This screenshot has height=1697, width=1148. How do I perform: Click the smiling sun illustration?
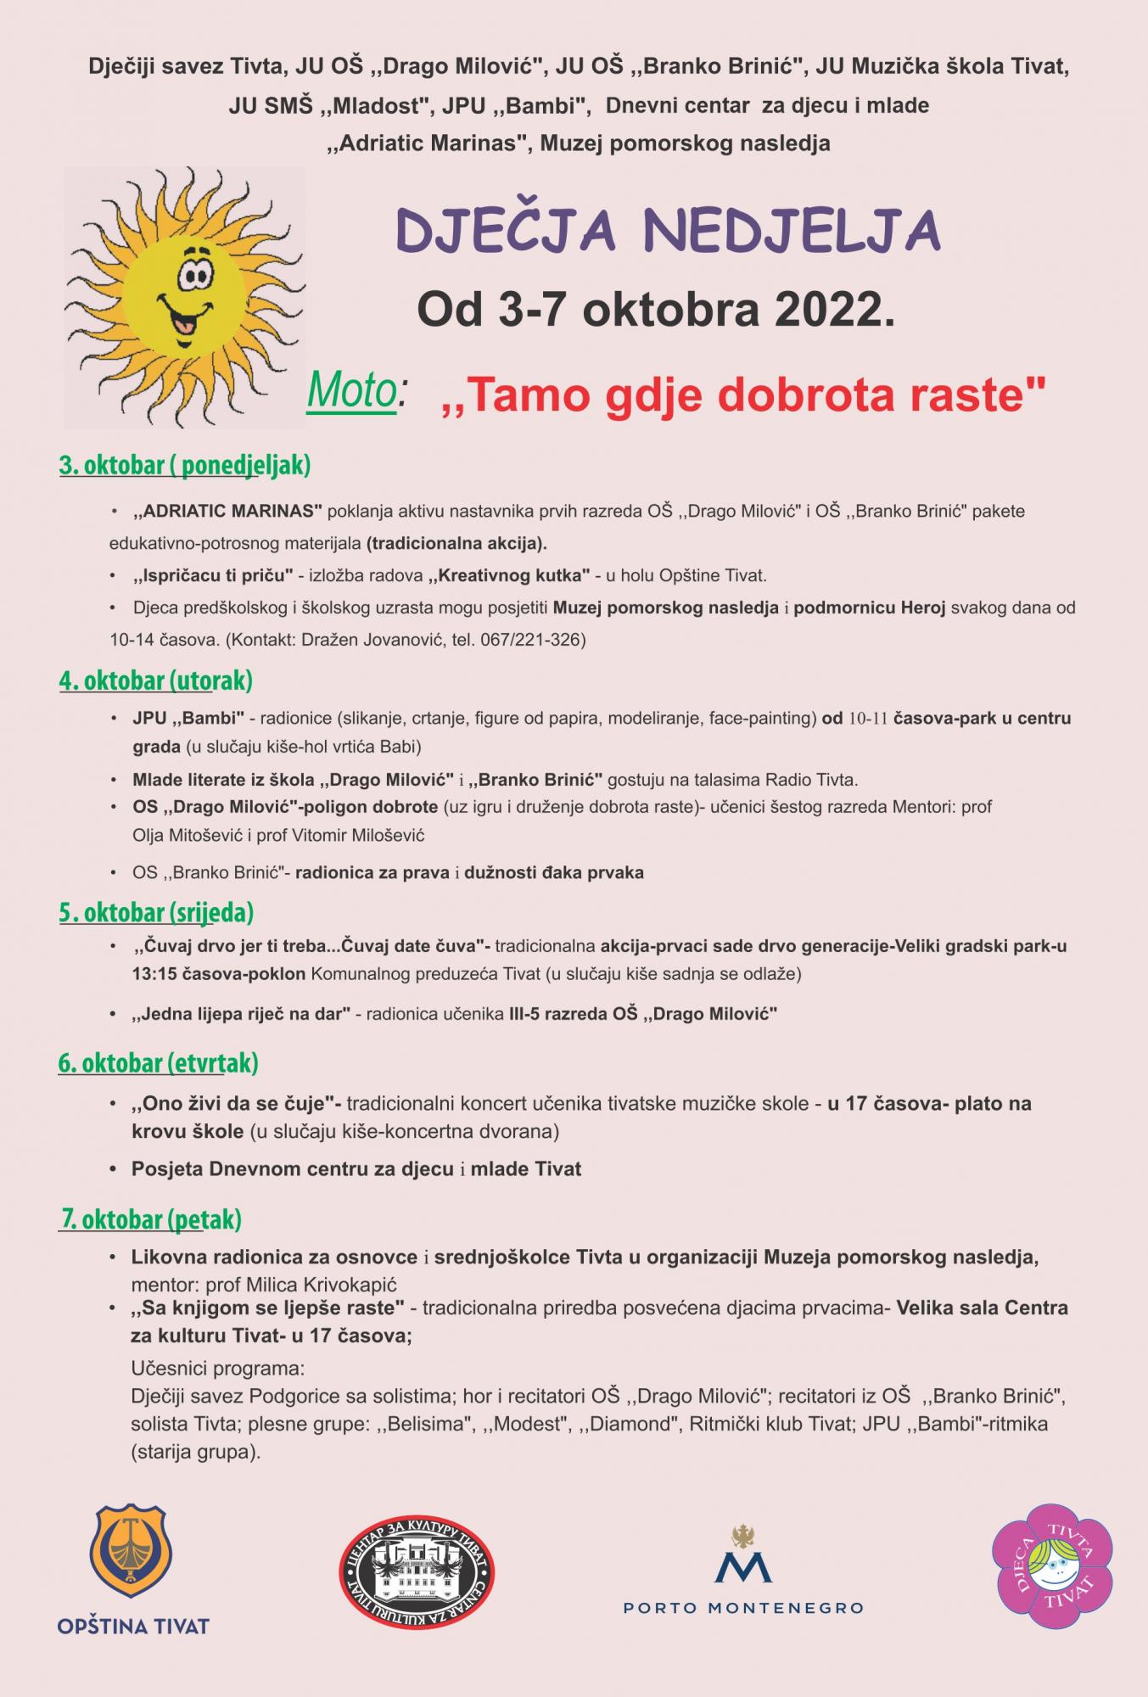coord(185,297)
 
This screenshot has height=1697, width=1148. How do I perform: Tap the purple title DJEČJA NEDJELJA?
coord(669,231)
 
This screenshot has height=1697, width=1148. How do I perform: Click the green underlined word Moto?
coord(352,390)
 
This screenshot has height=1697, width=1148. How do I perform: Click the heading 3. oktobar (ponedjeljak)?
coord(185,465)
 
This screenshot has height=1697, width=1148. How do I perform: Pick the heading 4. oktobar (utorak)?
coord(156,680)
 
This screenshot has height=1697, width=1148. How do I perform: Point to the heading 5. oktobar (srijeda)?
coord(156,912)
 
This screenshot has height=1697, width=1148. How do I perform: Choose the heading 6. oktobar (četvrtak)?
coord(158,1062)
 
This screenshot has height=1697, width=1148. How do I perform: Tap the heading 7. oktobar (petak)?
coord(151,1219)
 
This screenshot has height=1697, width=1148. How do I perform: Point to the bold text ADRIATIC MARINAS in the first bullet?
coord(228,512)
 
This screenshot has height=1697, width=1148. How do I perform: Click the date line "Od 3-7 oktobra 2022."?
coord(656,310)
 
